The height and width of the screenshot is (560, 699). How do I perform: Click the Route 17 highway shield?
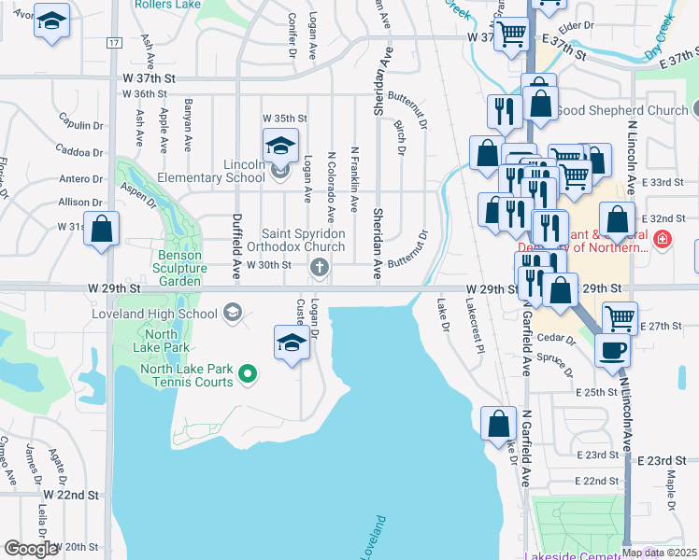click(x=113, y=44)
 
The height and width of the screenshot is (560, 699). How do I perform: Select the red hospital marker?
click(x=663, y=240)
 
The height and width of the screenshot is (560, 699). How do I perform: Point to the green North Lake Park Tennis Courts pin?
click(x=248, y=375)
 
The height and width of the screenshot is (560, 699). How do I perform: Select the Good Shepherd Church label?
click(x=621, y=110)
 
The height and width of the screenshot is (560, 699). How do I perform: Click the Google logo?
click(x=31, y=548)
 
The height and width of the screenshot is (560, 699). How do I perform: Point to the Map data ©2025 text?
click(x=660, y=553)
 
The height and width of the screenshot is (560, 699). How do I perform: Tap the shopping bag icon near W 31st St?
click(x=102, y=228)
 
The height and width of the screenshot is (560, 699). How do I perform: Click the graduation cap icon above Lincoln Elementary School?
click(x=279, y=146)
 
